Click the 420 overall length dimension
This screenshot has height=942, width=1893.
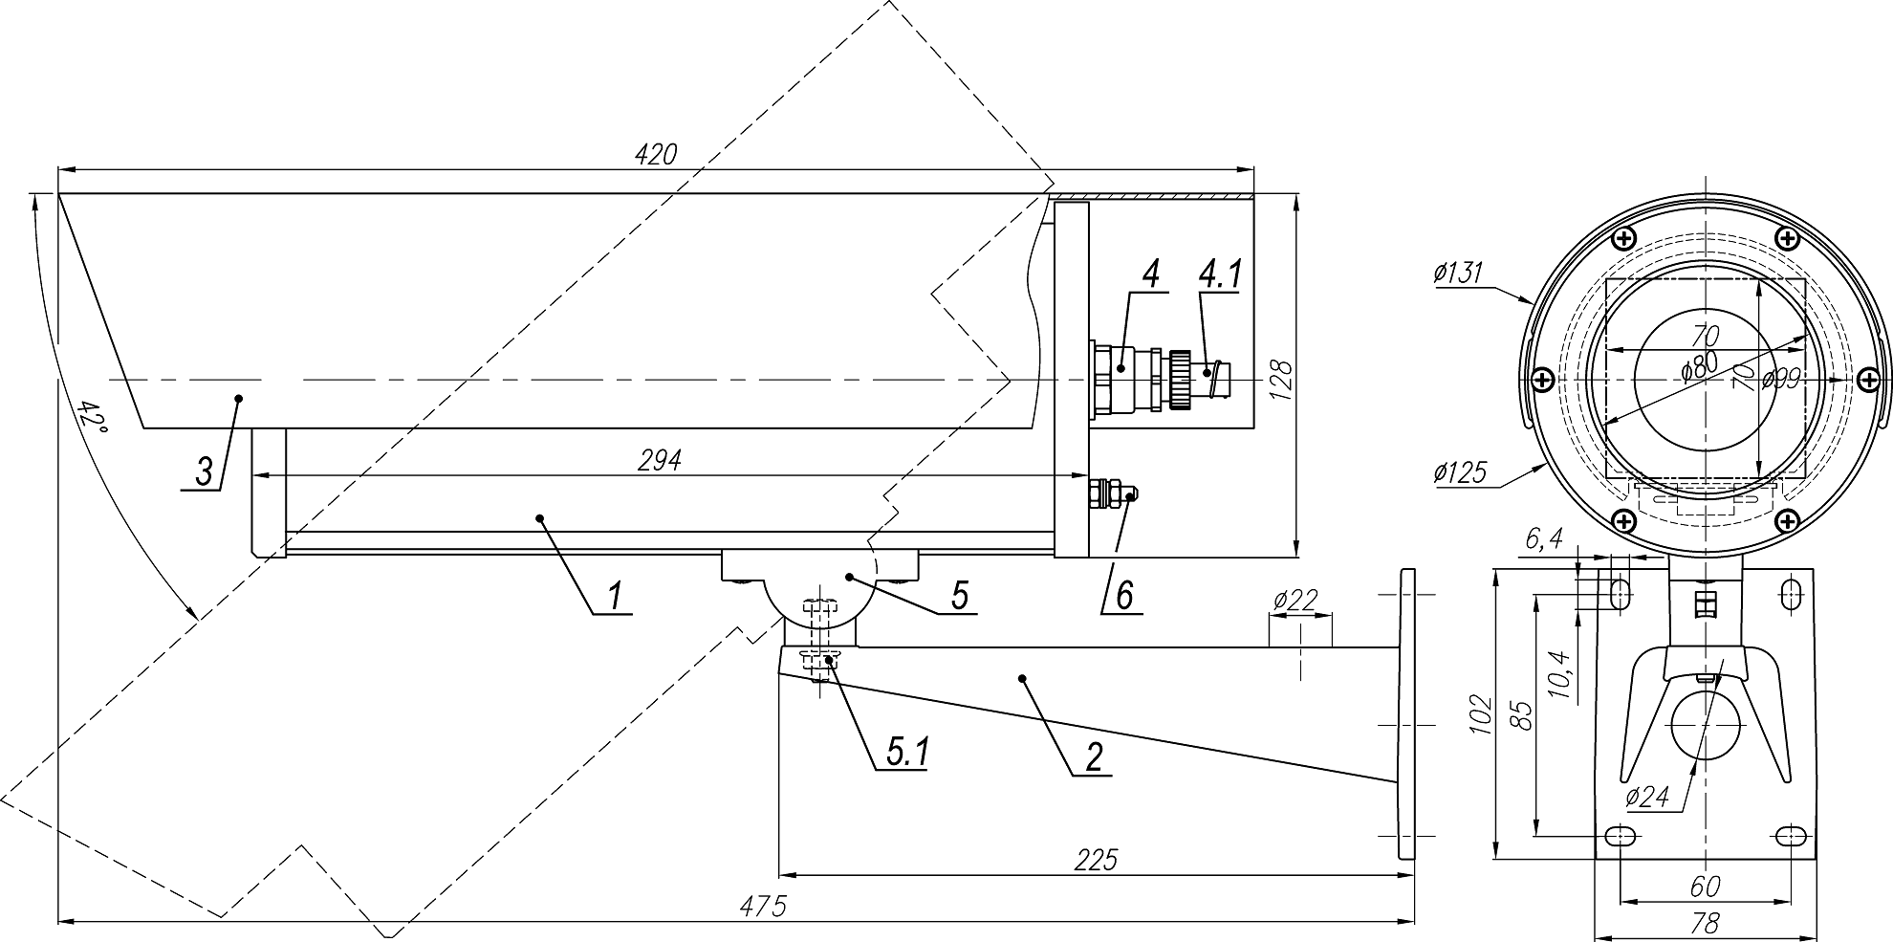[656, 155]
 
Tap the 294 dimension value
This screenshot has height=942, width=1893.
[660, 460]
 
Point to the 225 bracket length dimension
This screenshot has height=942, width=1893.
[1096, 860]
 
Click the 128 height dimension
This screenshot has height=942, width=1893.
[1282, 379]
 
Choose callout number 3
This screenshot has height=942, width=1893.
[204, 472]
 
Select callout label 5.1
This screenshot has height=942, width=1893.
[906, 753]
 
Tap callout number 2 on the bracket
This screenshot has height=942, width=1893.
[1094, 756]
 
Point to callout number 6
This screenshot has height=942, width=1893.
[1124, 596]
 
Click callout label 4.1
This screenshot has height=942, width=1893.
[1219, 274]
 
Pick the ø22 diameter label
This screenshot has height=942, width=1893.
[1295, 601]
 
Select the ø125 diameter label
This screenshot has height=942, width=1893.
[1460, 471]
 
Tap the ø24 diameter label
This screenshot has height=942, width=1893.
[1646, 797]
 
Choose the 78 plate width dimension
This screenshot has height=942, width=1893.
[1704, 925]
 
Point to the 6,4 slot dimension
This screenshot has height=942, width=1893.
[1543, 541]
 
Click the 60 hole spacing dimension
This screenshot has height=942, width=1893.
[1704, 887]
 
